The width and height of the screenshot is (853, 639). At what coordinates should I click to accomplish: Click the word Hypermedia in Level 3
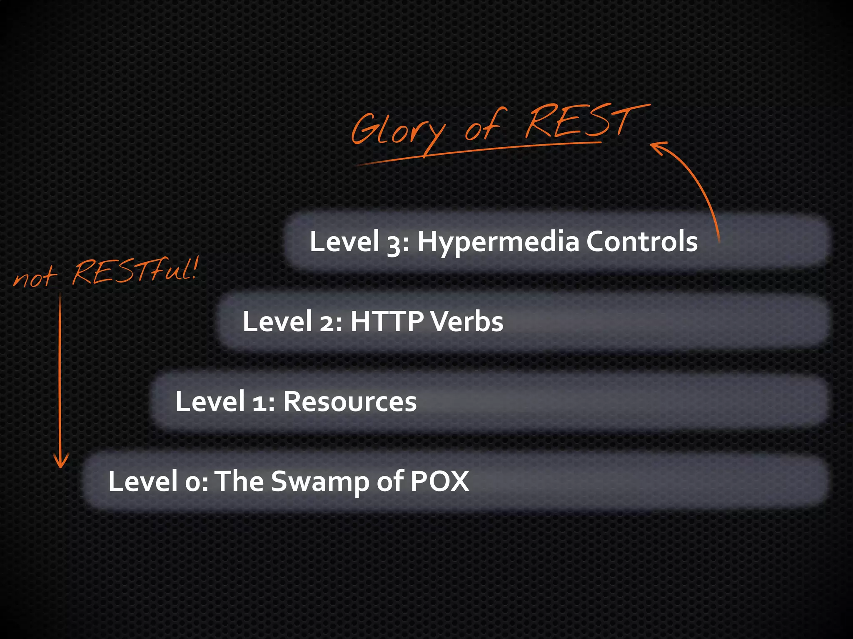point(499,242)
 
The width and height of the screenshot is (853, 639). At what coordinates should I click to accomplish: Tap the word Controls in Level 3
point(642,241)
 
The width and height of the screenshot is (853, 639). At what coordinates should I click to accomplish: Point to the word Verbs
point(466,322)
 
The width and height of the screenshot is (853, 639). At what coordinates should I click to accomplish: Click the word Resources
point(350,402)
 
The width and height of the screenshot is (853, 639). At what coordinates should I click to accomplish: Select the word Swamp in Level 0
point(319,482)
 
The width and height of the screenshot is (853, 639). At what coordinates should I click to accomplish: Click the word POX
point(440,482)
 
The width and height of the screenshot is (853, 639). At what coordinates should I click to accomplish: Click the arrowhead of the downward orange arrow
point(61,462)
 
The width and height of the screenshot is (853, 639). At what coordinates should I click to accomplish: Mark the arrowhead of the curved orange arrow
point(658,147)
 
